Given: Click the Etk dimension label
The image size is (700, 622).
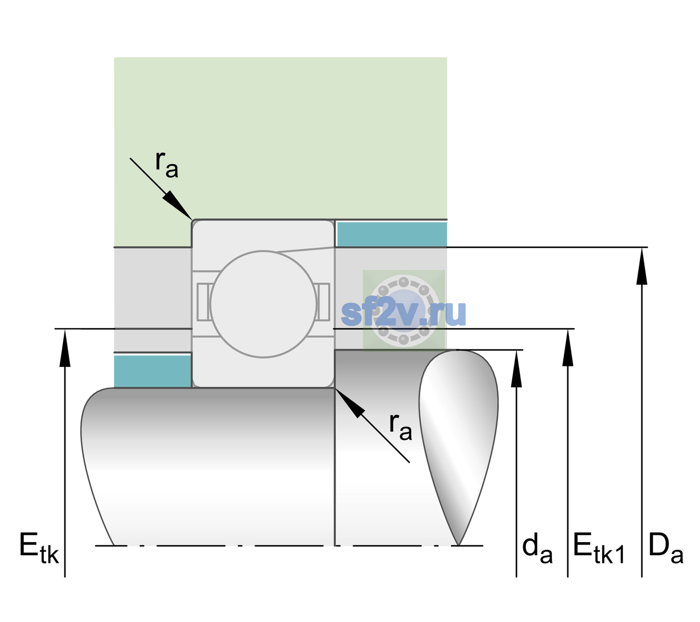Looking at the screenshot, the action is pos(39,548).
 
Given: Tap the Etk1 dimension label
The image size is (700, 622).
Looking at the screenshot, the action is pos(599,548).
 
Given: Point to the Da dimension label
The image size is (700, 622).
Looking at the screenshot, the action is pos(666,548).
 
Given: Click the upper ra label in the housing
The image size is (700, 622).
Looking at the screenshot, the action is pos(167,164).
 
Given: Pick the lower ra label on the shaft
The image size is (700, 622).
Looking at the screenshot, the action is pos(400,427).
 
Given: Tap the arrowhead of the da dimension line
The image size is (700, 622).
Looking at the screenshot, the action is pos(516,368).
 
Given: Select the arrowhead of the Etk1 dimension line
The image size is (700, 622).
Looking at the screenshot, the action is pos(568,347).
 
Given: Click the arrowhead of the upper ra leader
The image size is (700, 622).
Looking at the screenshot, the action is pos(178,205).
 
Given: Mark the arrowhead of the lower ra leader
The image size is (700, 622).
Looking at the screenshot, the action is pos(349,403).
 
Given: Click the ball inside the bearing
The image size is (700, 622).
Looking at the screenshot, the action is pos(263,304).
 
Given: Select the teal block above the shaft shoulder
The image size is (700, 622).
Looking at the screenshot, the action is pos(392,234).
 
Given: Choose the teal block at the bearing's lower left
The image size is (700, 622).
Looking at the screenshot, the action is pos(152,371).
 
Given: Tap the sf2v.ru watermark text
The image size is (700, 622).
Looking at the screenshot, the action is pos(403,313).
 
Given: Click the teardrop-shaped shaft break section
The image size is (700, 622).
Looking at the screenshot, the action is pos(458,448).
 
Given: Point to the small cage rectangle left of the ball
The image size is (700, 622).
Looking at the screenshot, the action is pos(203,302).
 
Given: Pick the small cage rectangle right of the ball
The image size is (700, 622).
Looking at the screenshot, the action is pos(324,302).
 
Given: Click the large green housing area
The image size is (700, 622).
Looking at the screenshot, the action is pos(280,138).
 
